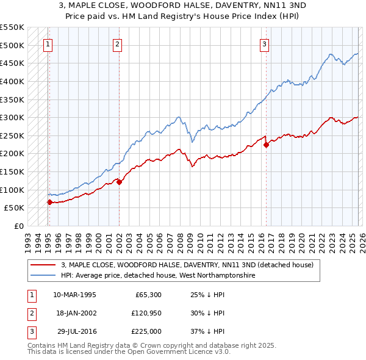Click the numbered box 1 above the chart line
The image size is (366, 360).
[x=48, y=43]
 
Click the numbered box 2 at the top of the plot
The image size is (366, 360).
[x=117, y=43]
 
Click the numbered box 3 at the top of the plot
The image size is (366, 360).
[x=264, y=43]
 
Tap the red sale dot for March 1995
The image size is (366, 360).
[x=49, y=202]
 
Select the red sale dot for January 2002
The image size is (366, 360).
[x=119, y=182]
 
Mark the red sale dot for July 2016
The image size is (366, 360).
[x=266, y=145]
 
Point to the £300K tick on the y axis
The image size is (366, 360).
[x=12, y=117]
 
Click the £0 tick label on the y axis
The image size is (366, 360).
[x=18, y=226]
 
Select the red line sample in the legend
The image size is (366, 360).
[x=44, y=265]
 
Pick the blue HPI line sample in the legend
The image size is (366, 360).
[x=44, y=276]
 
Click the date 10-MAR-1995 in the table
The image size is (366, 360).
[x=74, y=294]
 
